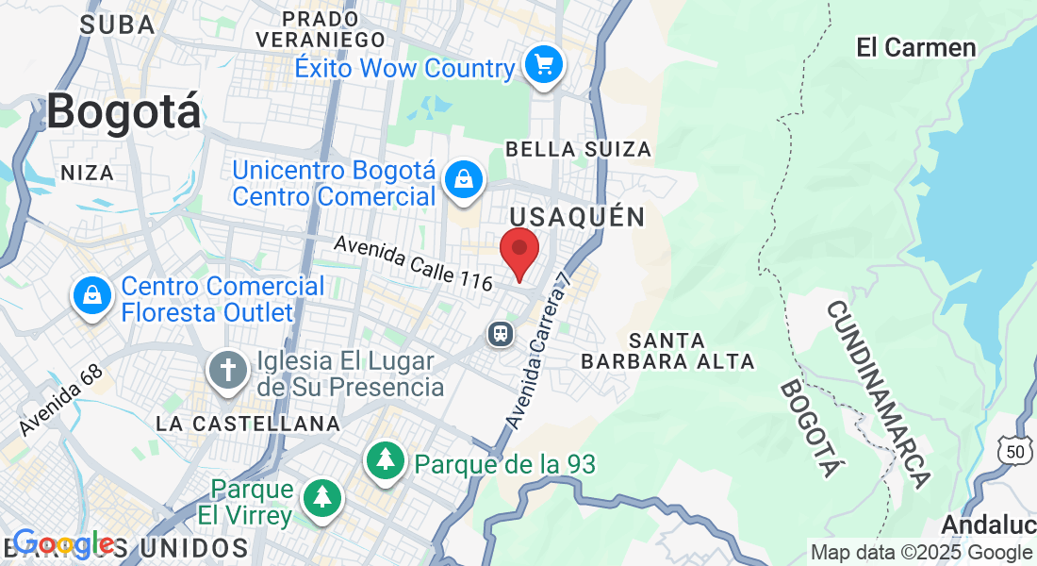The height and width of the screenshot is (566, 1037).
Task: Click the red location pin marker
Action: pyautogui.click(x=518, y=251)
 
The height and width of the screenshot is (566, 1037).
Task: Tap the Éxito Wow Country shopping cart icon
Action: pyautogui.click(x=544, y=65)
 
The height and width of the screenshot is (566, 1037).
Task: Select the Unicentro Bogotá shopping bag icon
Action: pyautogui.click(x=464, y=178)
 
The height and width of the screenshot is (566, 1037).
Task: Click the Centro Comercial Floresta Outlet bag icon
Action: pyautogui.click(x=93, y=296)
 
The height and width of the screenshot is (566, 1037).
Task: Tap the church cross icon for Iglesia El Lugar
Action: pyautogui.click(x=227, y=369)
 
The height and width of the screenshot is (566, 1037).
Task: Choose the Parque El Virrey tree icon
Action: pyautogui.click(x=322, y=496)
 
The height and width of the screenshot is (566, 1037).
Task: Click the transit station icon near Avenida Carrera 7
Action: pyautogui.click(x=500, y=333)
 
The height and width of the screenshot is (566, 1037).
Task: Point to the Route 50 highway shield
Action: pyautogui.click(x=1014, y=452)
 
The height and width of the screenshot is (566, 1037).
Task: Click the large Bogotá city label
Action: pyautogui.click(x=123, y=112)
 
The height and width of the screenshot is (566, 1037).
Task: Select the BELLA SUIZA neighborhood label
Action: pyautogui.click(x=579, y=149)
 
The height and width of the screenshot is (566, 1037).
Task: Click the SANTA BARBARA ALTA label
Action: pyautogui.click(x=667, y=350)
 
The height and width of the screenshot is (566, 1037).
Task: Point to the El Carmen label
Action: pyautogui.click(x=915, y=47)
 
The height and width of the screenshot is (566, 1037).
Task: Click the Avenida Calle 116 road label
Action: pyautogui.click(x=414, y=262)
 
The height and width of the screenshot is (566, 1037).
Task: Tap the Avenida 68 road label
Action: pyautogui.click(x=60, y=400)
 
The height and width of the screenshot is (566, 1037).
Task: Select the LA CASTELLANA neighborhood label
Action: pyautogui.click(x=248, y=424)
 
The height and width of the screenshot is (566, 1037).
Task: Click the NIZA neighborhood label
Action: pyautogui.click(x=87, y=173)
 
